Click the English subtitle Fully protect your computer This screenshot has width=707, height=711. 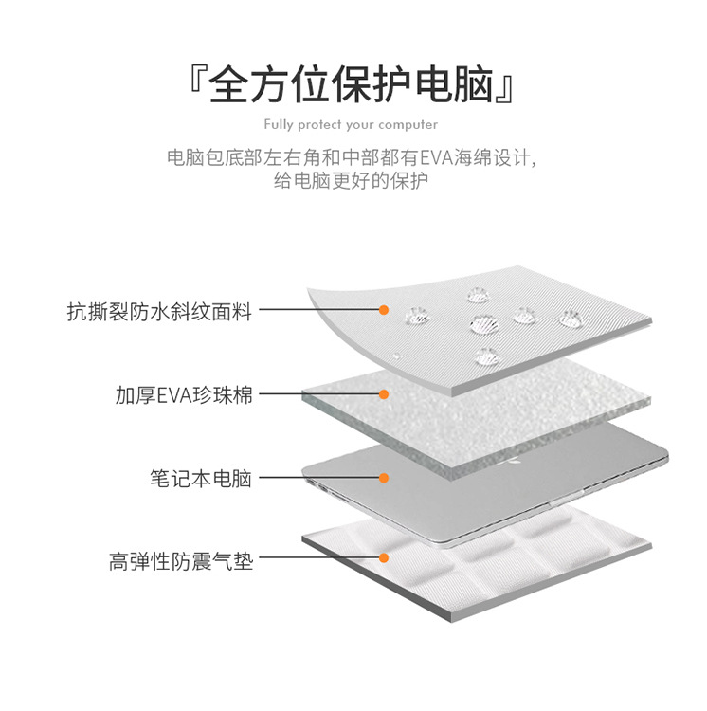[351, 124]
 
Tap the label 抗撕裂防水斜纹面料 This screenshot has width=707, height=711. [159, 310]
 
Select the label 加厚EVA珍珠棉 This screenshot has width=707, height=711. [184, 395]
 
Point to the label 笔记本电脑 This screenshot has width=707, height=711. [200, 479]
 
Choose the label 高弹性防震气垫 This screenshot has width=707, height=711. [180, 561]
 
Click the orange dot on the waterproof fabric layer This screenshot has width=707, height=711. [384, 309]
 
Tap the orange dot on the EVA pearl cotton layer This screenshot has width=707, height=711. [384, 394]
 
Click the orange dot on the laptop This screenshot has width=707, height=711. [384, 479]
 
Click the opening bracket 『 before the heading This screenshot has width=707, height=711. [197, 83]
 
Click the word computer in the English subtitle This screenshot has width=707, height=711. [408, 124]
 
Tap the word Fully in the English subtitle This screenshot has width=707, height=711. [279, 124]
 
